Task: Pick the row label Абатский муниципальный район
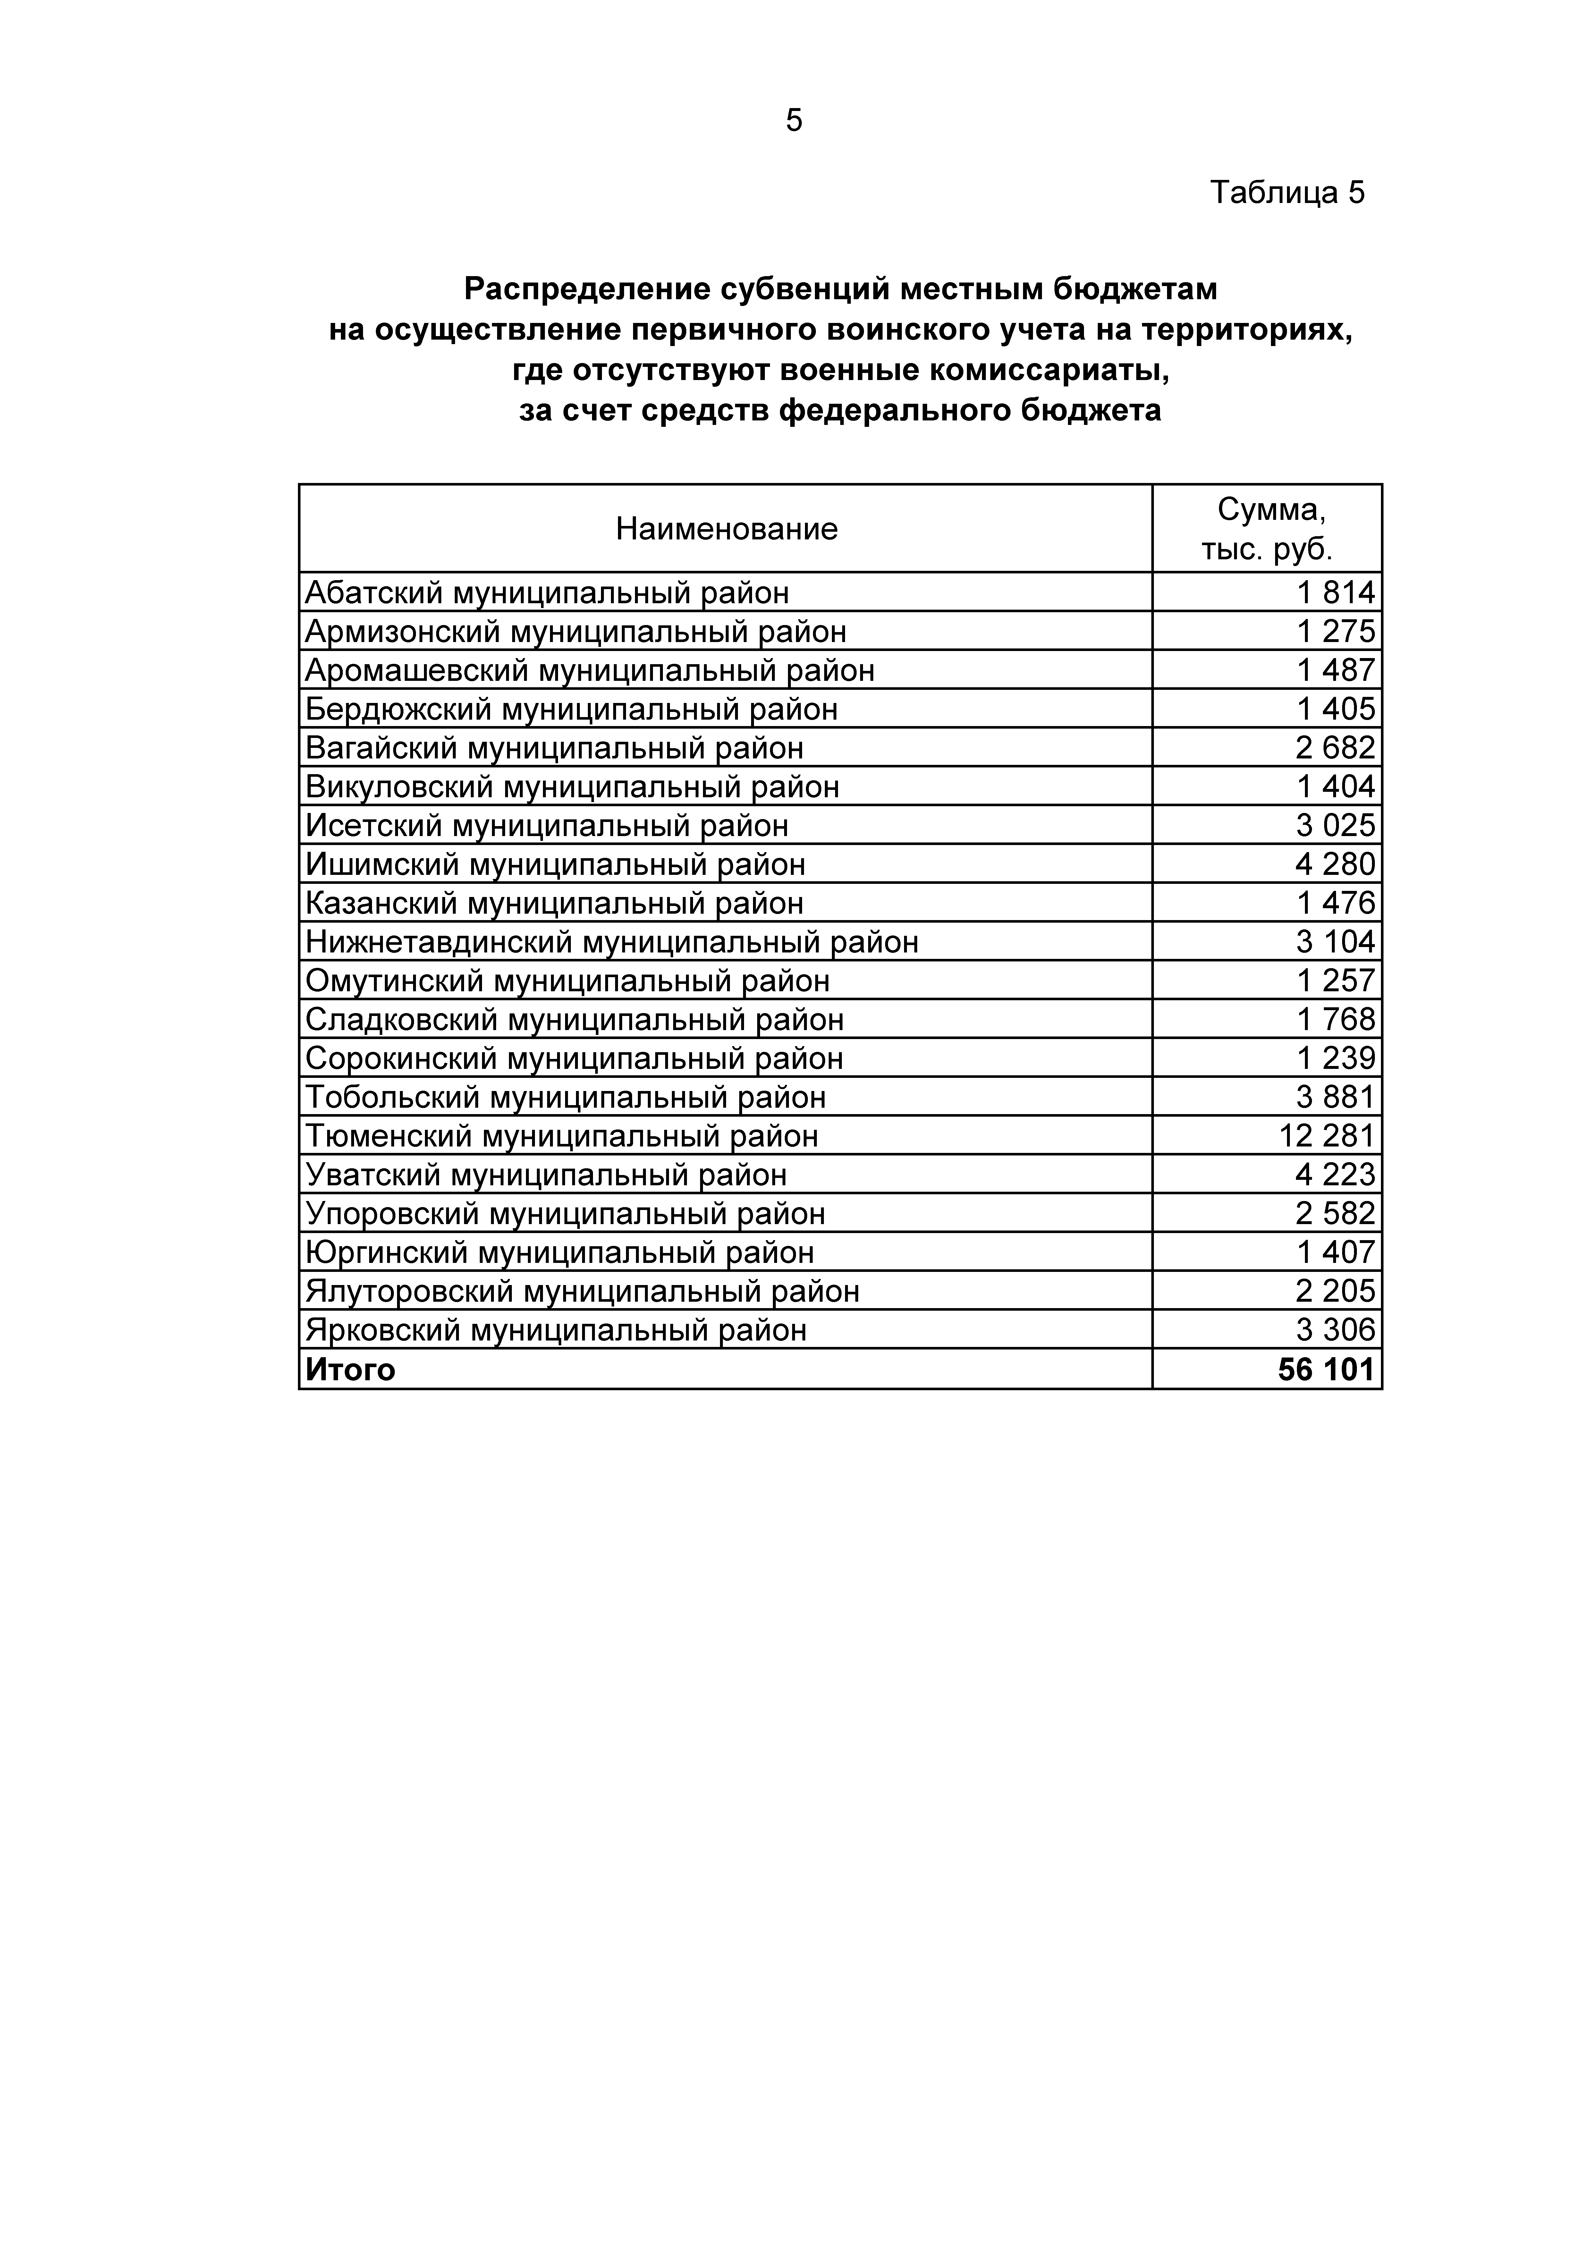pyautogui.click(x=546, y=593)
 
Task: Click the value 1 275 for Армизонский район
pyautogui.click(x=1336, y=631)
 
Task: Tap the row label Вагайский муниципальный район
pyautogui.click(x=554, y=748)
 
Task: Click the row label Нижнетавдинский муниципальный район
pyautogui.click(x=612, y=942)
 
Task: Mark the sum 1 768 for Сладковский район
pyautogui.click(x=1336, y=1019)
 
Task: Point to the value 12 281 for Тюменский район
pyautogui.click(x=1327, y=1136)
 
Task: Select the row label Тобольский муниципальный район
pyautogui.click(x=565, y=1096)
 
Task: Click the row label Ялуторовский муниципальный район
pyautogui.click(x=582, y=1291)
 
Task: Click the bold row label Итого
pyautogui.click(x=350, y=1369)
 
